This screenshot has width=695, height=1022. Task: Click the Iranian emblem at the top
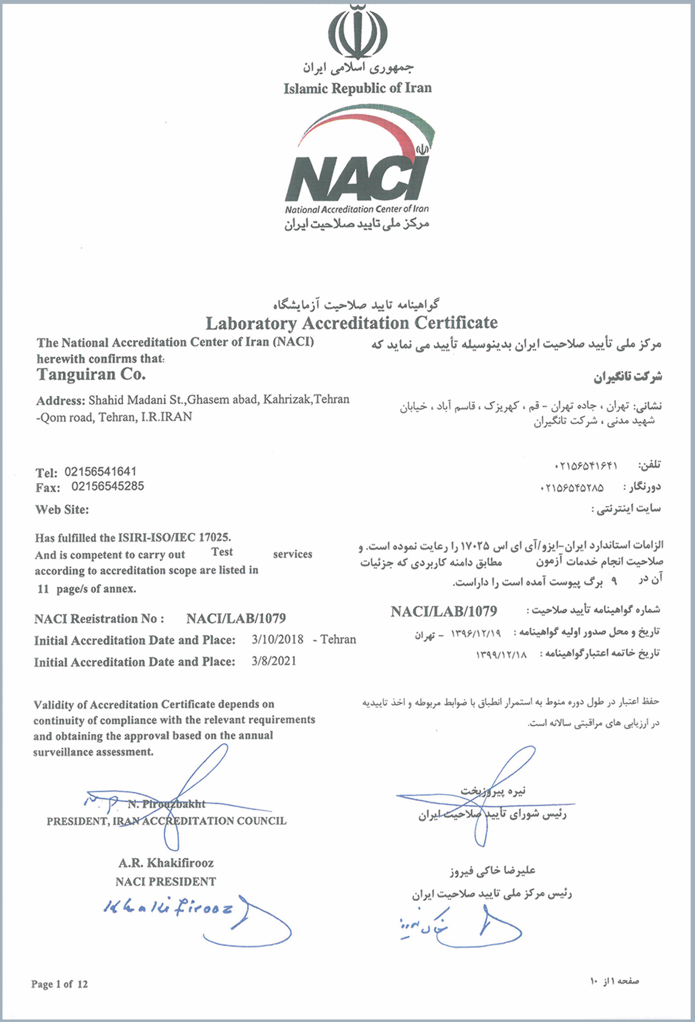click(357, 31)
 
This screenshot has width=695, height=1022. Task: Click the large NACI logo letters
click(356, 178)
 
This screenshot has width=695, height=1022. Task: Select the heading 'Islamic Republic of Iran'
click(357, 88)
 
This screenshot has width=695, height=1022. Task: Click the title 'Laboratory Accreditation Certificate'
click(351, 323)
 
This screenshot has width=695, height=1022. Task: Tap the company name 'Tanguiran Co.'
click(91, 374)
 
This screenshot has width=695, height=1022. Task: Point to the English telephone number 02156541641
click(100, 471)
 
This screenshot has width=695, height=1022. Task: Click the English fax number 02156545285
click(107, 486)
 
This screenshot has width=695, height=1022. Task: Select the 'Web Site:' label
click(62, 510)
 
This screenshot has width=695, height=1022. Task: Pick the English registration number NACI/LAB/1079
click(236, 618)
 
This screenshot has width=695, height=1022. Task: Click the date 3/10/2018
click(277, 640)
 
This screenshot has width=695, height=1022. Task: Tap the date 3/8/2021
click(274, 661)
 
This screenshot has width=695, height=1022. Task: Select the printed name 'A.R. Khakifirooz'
click(166, 863)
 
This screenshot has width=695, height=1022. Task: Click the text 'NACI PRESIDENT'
click(166, 882)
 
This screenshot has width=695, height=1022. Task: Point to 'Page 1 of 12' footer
click(59, 984)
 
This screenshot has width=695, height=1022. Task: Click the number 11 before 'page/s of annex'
click(43, 589)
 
